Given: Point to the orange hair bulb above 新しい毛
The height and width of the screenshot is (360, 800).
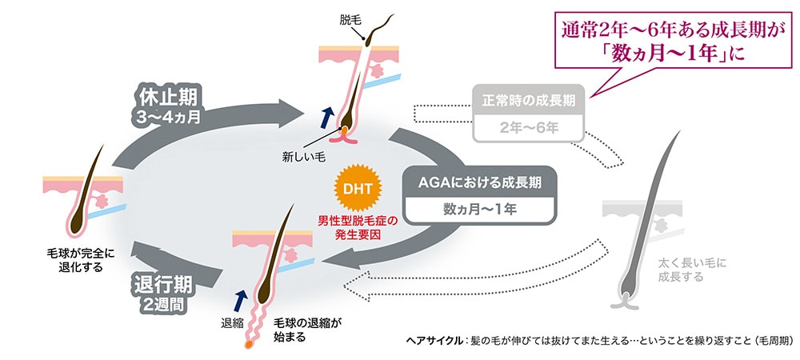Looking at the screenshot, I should [x=342, y=129].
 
